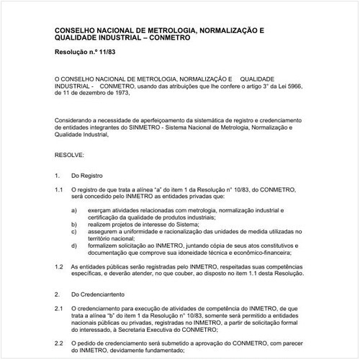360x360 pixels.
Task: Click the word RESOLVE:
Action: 70,155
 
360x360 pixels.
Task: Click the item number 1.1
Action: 59,189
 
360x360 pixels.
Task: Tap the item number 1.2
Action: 59,266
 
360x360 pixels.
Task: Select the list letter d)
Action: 76,246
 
